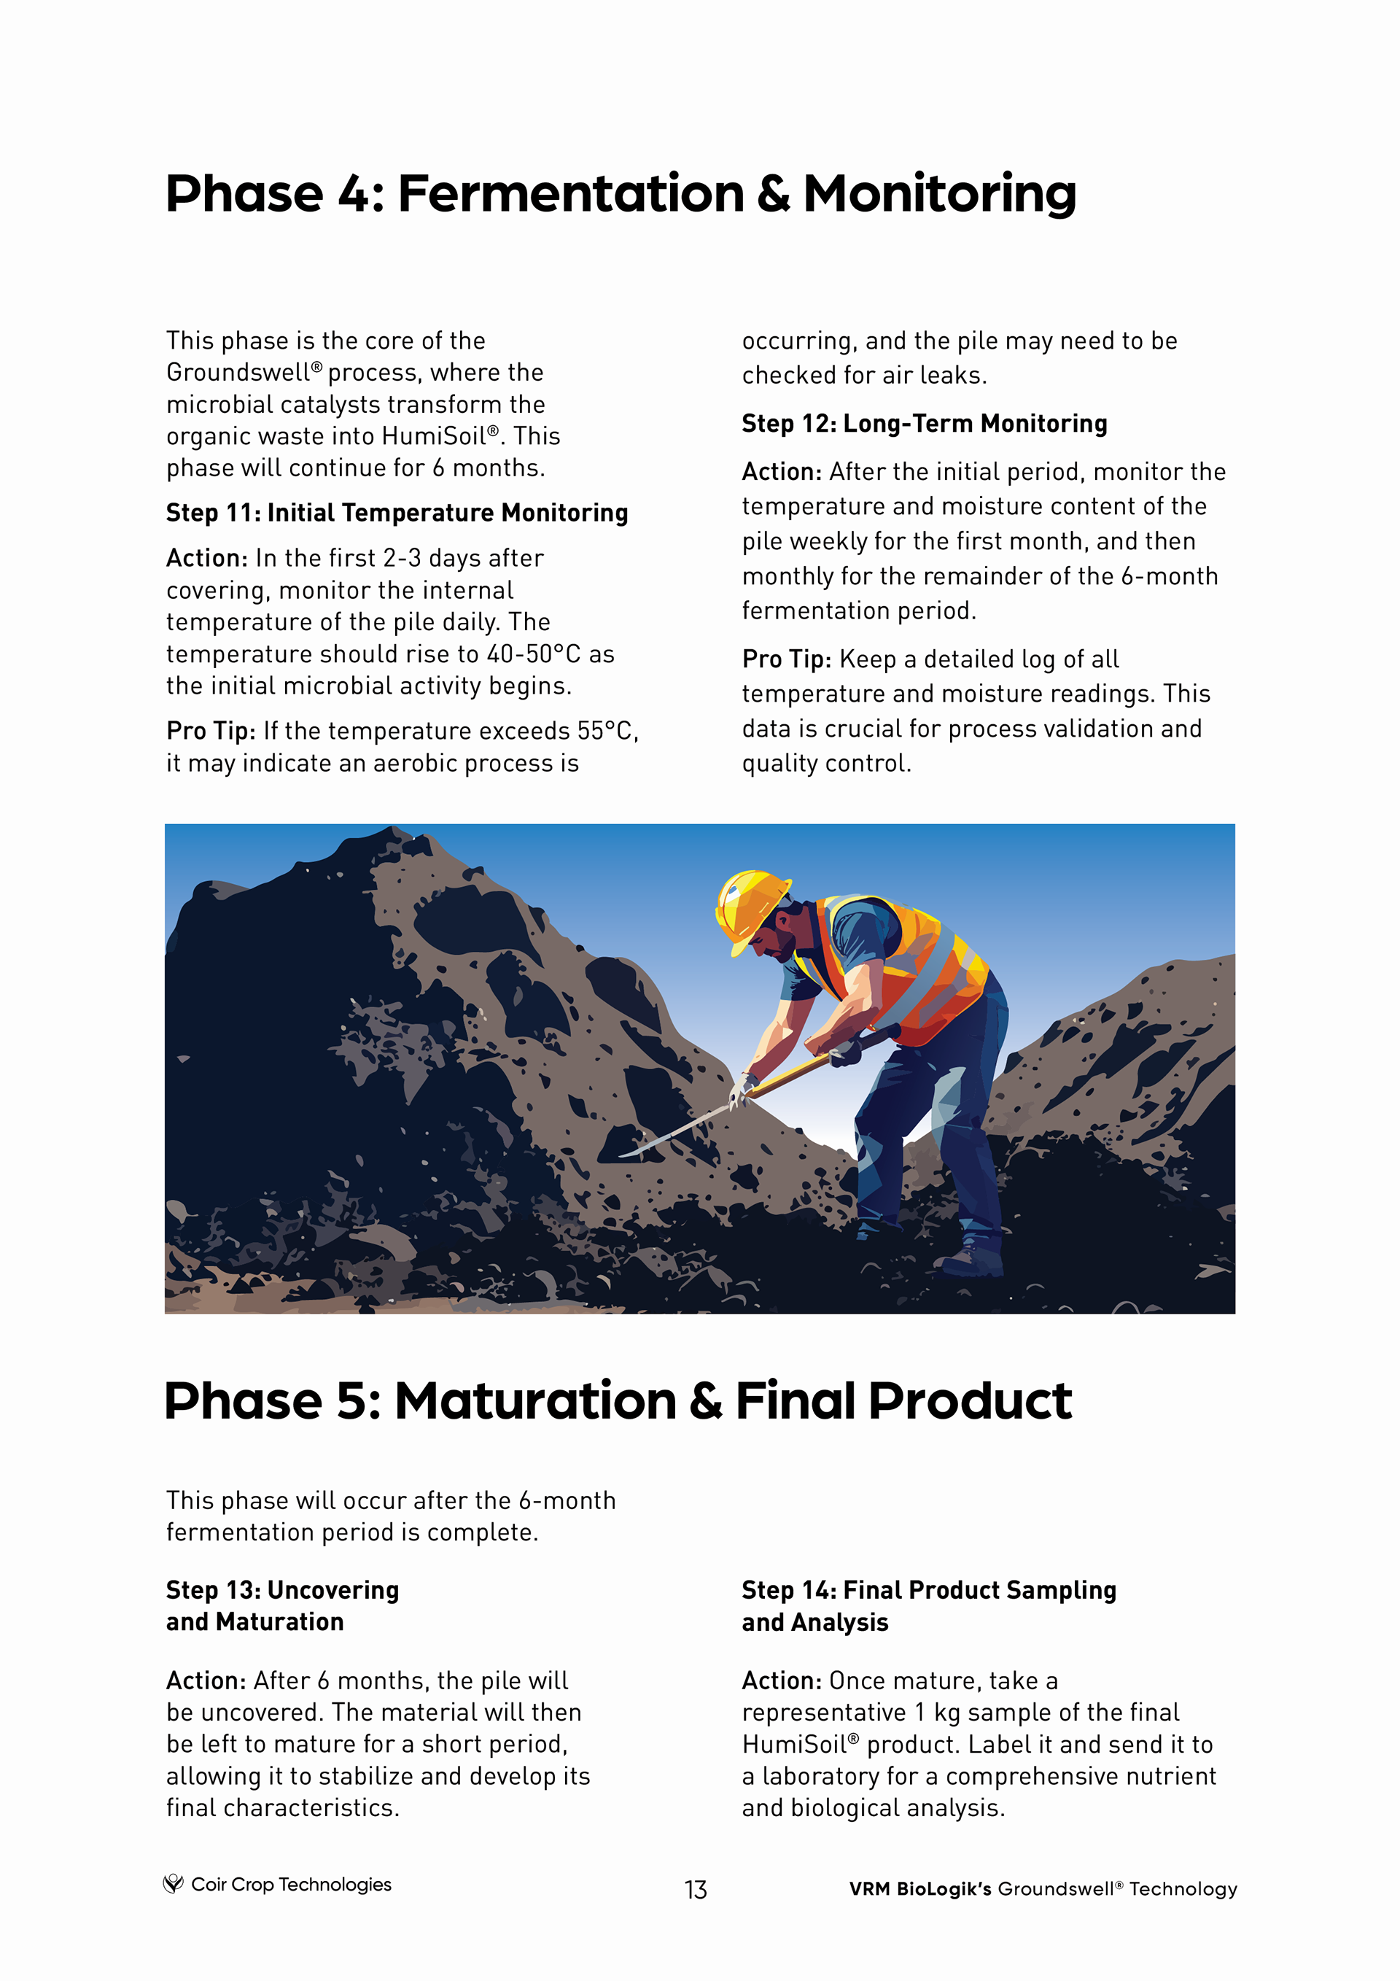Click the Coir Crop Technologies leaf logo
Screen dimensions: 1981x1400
[x=174, y=1883]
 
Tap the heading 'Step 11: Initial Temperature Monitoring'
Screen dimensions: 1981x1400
[x=397, y=513]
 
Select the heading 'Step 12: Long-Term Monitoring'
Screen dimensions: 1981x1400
[x=924, y=424]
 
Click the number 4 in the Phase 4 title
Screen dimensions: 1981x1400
[x=353, y=193]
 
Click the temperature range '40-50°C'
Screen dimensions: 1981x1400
[x=533, y=654]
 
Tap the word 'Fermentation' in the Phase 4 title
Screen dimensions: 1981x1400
[x=570, y=193]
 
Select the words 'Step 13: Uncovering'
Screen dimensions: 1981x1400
[x=282, y=1589]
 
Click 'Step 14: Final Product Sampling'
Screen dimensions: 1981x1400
[x=928, y=1589]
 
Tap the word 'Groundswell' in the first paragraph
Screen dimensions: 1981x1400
[x=238, y=373]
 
